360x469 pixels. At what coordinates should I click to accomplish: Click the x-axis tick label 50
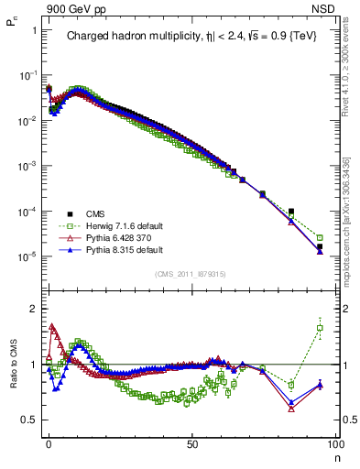click(191, 442)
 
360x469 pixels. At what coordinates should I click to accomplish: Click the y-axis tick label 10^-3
click(26, 166)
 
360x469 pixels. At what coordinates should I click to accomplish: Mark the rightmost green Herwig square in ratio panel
click(320, 328)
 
